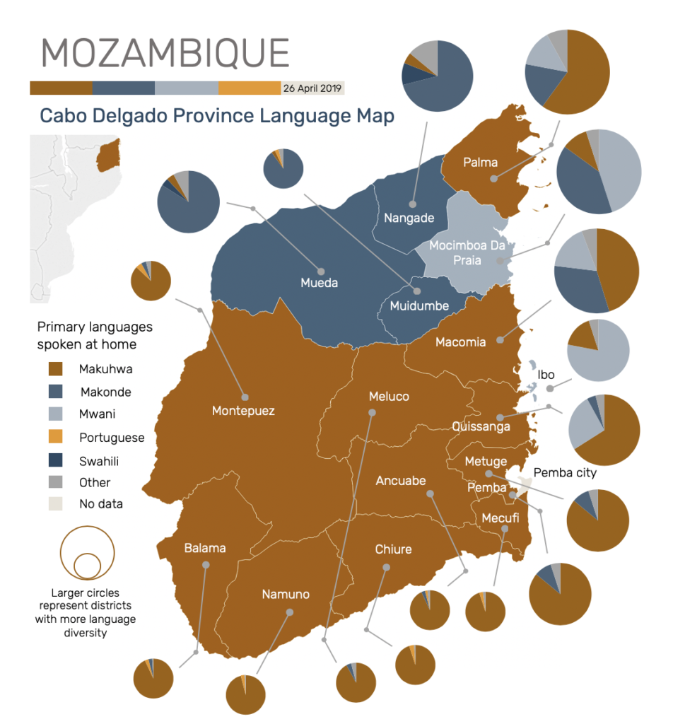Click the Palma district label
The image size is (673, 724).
point(480,163)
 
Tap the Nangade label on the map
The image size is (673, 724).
point(409,218)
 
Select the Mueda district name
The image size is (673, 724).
point(319,283)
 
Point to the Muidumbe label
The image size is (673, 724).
point(419,306)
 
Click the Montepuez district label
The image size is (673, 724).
point(243,410)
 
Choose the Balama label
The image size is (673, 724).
point(205,548)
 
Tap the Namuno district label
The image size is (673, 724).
point(286,594)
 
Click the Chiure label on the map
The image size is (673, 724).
point(393,549)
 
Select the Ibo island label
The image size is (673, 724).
point(546,375)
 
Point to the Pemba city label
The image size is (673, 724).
point(565,472)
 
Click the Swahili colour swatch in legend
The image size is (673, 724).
point(55,460)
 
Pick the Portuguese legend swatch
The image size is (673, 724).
point(55,438)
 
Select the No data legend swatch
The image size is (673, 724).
point(55,504)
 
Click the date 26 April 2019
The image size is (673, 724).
point(312,88)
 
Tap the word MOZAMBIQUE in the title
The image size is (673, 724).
point(165,53)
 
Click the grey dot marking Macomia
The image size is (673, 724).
point(500,340)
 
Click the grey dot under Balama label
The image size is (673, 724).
point(206,564)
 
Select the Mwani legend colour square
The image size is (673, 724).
point(55,414)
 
